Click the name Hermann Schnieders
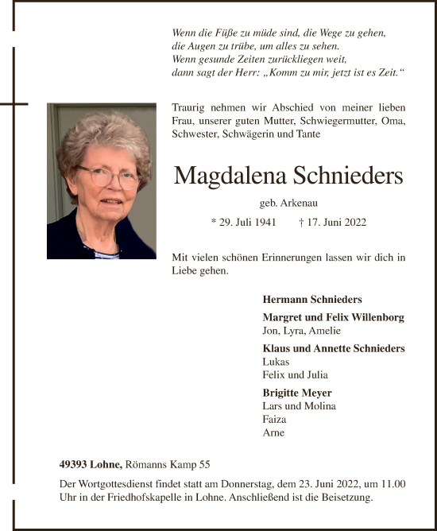point(311,300)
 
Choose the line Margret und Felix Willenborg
point(333,317)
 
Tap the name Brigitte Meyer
point(297,393)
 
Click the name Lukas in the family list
point(276,362)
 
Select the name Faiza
point(274,419)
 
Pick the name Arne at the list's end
point(273,432)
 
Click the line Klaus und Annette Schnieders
point(333,348)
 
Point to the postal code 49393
point(75,464)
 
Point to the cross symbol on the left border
point(14,103)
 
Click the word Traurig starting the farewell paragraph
point(189,107)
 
